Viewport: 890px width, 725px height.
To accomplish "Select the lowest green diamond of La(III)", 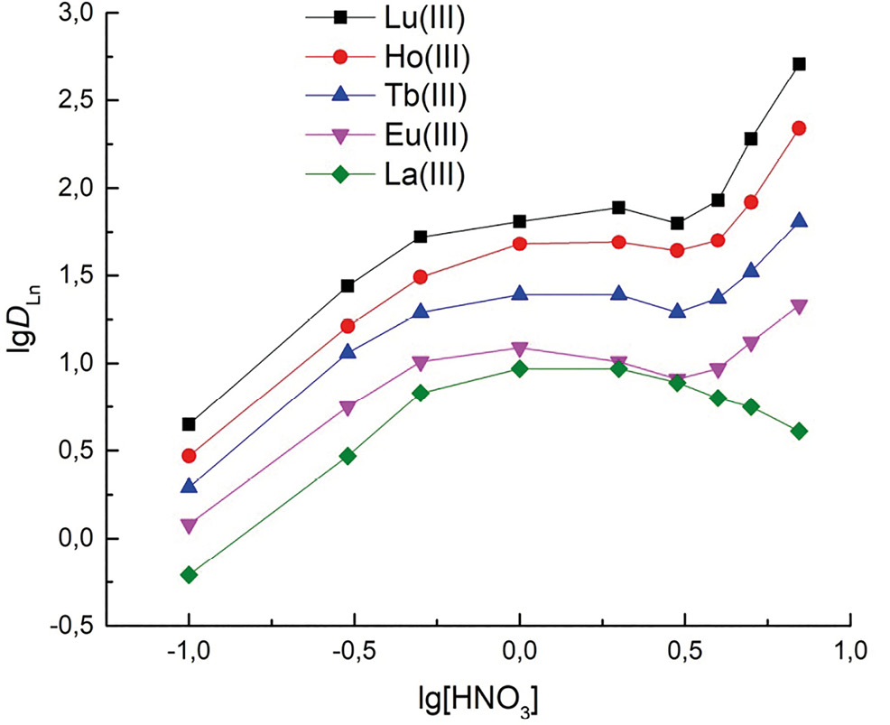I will pos(189,574).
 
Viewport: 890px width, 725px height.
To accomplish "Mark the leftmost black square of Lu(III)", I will pos(189,424).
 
